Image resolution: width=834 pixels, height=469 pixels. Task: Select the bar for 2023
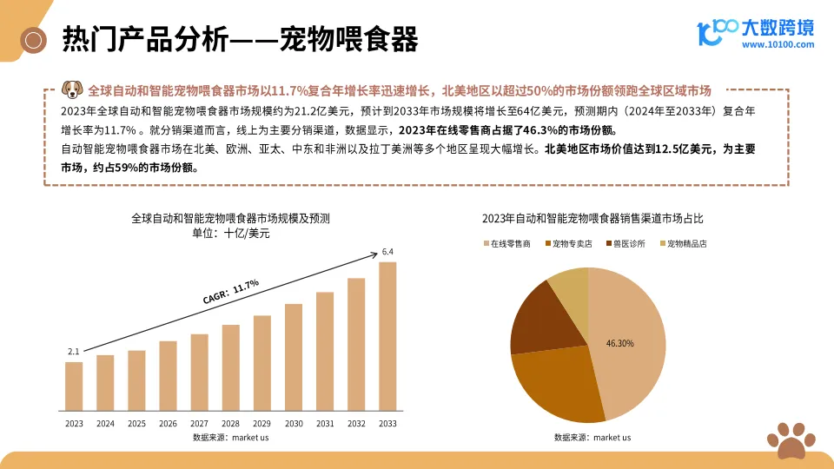click(74, 386)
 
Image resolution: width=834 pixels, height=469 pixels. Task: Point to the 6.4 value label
click(387, 252)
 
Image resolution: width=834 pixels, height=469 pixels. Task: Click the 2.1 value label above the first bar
click(73, 352)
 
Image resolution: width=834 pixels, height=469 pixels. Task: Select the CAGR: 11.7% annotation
click(231, 292)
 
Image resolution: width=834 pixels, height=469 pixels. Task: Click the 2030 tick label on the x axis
click(294, 424)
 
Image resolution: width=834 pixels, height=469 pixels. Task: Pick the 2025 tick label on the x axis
click(136, 424)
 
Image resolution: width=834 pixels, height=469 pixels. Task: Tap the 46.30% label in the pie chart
click(619, 343)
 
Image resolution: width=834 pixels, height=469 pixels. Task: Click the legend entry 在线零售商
click(507, 244)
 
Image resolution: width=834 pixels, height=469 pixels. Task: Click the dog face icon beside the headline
click(73, 89)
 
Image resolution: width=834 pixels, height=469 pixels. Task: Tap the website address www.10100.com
click(778, 44)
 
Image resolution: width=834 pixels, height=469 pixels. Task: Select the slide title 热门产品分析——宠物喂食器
click(240, 39)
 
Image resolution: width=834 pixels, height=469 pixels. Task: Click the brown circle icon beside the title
click(35, 39)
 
